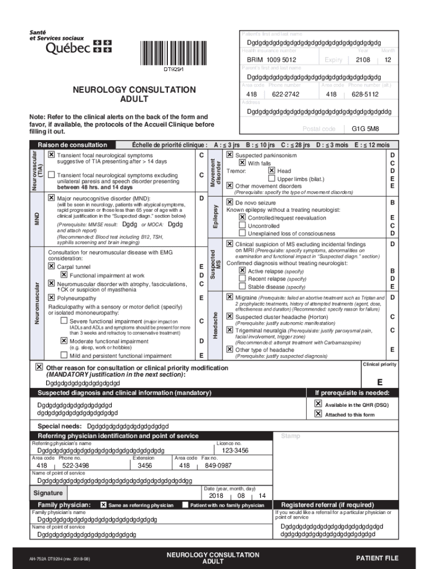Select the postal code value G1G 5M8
click(365, 129)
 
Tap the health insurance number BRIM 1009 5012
click(272, 60)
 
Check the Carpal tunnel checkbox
click(52, 267)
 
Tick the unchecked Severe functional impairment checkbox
click(64, 321)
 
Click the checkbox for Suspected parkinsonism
click(230, 155)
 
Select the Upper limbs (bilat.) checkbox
click(271, 179)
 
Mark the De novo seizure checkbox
click(230, 203)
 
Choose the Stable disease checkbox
click(242, 287)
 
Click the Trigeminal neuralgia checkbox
click(230, 331)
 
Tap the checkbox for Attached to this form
click(318, 414)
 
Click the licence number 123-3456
click(235, 451)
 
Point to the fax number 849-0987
click(218, 466)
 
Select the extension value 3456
click(145, 466)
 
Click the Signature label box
click(48, 493)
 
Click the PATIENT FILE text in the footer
click(377, 558)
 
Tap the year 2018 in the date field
click(216, 496)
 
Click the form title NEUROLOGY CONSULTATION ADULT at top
click(135, 94)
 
